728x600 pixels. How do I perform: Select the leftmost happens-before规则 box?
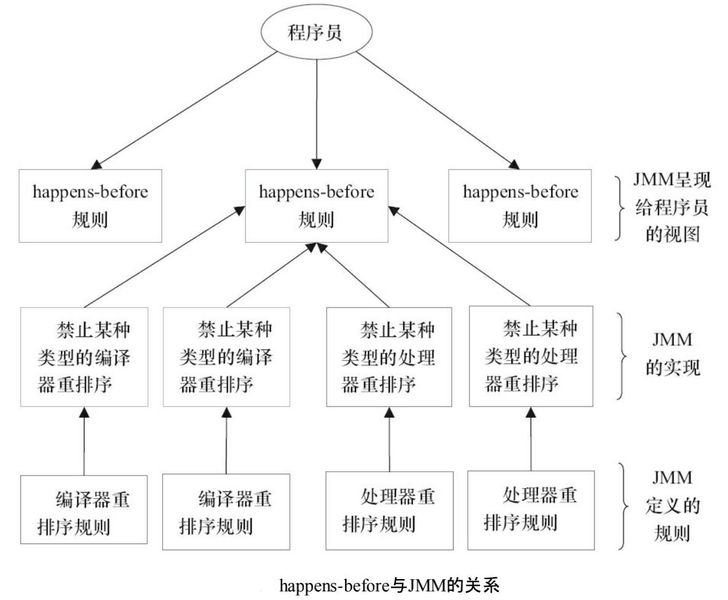tap(91, 205)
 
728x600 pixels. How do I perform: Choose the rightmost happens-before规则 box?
tap(520, 205)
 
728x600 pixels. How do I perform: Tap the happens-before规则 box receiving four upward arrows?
tap(316, 205)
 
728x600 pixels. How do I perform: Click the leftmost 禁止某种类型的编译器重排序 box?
tap(84, 356)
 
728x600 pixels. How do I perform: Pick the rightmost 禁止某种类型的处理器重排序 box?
tap(531, 356)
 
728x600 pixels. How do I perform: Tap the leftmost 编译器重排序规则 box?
tap(84, 509)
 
